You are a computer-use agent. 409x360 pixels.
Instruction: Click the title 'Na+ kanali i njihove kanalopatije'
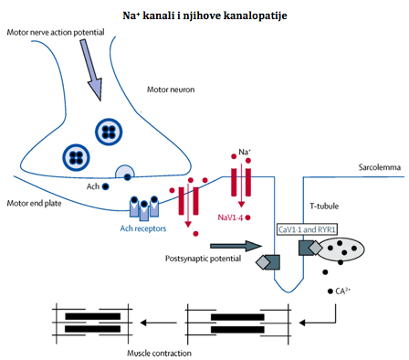click(x=204, y=16)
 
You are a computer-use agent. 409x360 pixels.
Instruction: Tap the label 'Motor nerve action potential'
click(x=56, y=32)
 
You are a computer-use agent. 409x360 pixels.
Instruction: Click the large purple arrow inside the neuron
click(x=91, y=69)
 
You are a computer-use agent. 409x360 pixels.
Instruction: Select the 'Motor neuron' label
click(x=171, y=90)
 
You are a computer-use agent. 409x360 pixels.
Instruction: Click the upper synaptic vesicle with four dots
click(x=109, y=132)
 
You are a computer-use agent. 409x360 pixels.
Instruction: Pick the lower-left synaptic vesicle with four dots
click(x=76, y=158)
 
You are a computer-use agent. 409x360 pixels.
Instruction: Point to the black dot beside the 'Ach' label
click(x=105, y=186)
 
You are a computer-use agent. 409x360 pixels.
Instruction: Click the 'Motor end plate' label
click(x=34, y=203)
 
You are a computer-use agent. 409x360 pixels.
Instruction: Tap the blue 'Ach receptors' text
click(x=143, y=228)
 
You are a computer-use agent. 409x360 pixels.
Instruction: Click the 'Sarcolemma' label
click(x=379, y=167)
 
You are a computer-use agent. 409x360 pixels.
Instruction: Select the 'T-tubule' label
click(x=324, y=206)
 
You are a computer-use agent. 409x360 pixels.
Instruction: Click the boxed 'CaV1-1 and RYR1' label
click(x=307, y=229)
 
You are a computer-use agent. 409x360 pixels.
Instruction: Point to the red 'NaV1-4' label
click(x=230, y=217)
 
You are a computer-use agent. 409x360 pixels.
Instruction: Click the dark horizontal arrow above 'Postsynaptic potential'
click(x=236, y=246)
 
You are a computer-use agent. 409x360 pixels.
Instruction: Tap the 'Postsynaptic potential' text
click(x=203, y=259)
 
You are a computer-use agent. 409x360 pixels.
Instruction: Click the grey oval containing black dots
click(x=341, y=249)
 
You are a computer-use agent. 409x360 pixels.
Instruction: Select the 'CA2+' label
click(x=342, y=291)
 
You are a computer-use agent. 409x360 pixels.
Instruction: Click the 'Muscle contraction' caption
click(x=159, y=354)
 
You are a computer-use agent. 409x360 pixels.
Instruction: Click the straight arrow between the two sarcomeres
click(x=158, y=323)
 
